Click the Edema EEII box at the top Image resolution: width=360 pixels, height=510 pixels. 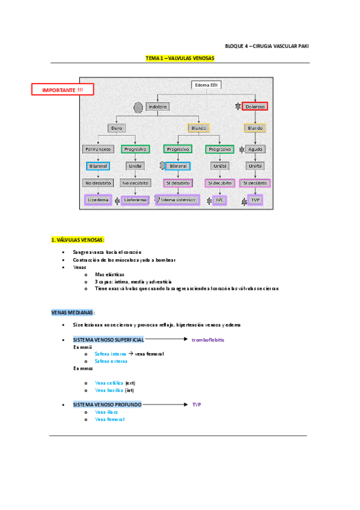click(x=207, y=85)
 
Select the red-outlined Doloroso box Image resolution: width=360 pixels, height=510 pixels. click(x=255, y=106)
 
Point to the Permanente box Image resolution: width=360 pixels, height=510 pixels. click(x=97, y=149)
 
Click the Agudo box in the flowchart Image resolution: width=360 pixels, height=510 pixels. click(x=255, y=149)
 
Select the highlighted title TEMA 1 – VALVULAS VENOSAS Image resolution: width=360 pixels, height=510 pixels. click(x=180, y=58)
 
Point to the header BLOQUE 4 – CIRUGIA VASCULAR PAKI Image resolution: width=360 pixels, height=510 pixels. click(x=267, y=46)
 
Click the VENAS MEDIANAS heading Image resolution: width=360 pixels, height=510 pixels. click(x=72, y=313)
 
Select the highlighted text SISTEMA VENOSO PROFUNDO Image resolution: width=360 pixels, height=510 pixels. click(x=107, y=405)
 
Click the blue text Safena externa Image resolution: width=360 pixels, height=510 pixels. click(x=111, y=361)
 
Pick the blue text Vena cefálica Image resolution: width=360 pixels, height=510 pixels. click(x=109, y=382)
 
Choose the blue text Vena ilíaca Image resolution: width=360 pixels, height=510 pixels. click(x=106, y=412)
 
